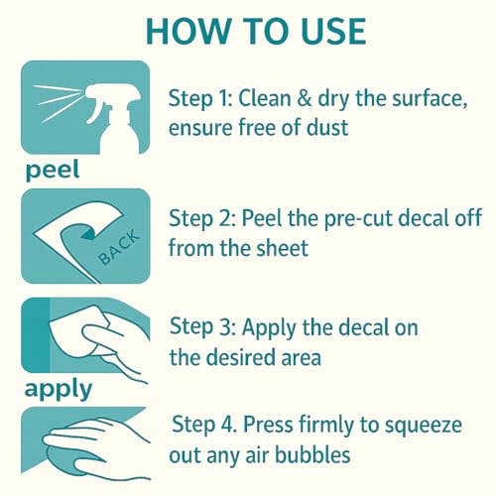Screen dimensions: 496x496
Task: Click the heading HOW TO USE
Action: click(x=256, y=32)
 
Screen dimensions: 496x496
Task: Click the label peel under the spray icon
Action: click(x=53, y=170)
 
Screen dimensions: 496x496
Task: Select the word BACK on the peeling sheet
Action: click(x=119, y=248)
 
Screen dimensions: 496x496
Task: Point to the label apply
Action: click(x=59, y=389)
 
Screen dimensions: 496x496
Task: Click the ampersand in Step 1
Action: click(x=305, y=98)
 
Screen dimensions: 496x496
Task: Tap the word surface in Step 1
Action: click(x=430, y=98)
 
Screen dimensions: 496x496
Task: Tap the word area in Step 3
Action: click(x=302, y=358)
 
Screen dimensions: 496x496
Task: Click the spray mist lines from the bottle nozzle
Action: click(x=56, y=102)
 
